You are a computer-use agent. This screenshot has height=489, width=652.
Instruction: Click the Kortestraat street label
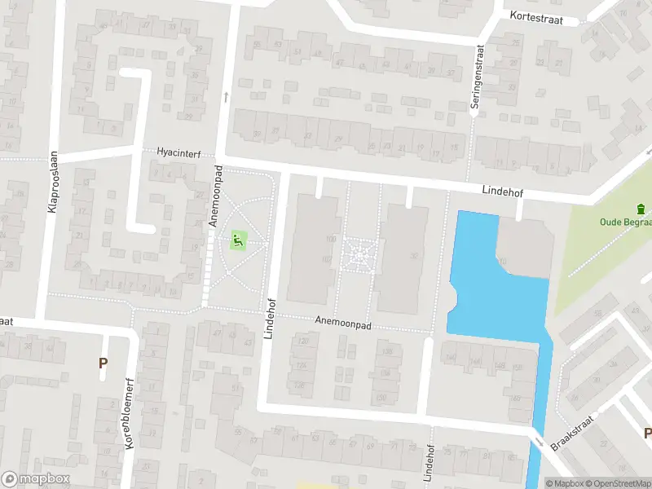[539, 15]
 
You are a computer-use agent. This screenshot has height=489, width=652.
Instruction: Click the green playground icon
[237, 240]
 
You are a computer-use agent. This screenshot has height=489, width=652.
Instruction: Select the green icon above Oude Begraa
[640, 208]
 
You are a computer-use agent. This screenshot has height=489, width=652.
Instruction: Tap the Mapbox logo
[36, 479]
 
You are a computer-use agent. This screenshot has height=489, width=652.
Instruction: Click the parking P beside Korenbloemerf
[103, 363]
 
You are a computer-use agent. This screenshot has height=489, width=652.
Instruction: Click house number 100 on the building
[330, 239]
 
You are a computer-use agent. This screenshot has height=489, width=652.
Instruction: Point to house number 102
[326, 259]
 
